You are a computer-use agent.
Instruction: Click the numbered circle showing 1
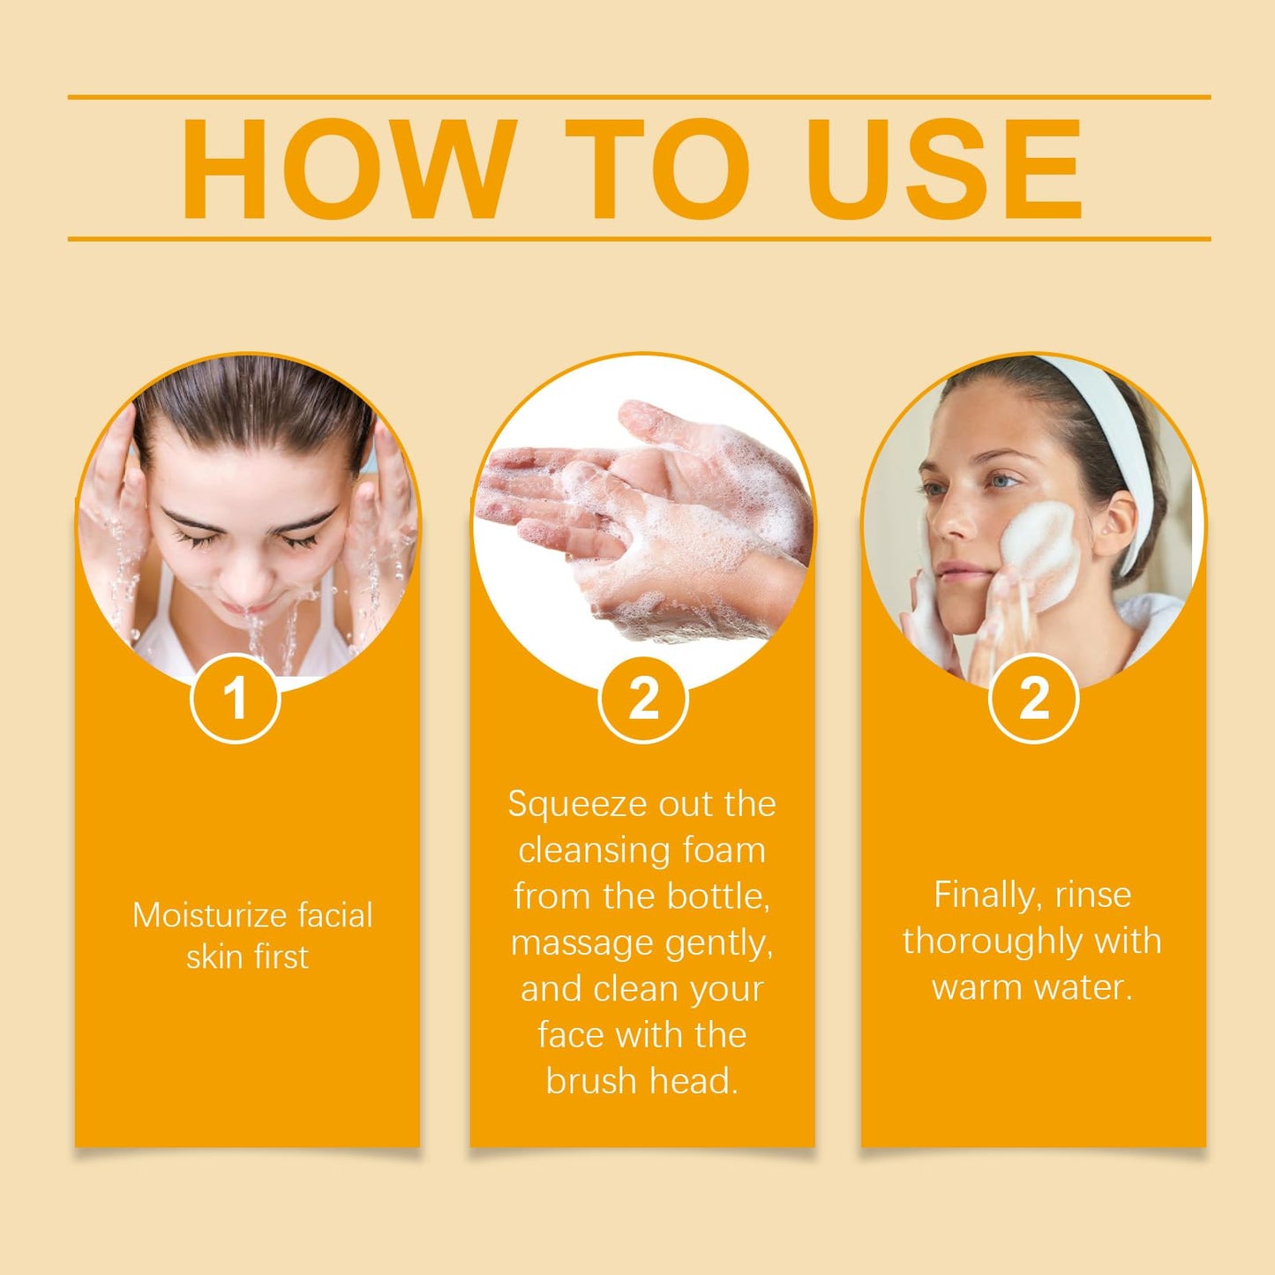(x=235, y=699)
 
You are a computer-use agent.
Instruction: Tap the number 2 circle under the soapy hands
(x=643, y=699)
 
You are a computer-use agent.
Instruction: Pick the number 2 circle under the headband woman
(x=1033, y=699)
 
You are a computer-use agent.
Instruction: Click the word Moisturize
(x=209, y=915)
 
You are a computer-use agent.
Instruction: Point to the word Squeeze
(x=565, y=805)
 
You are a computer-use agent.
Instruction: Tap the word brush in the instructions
(x=591, y=1081)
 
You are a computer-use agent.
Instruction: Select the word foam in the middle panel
(x=722, y=851)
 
